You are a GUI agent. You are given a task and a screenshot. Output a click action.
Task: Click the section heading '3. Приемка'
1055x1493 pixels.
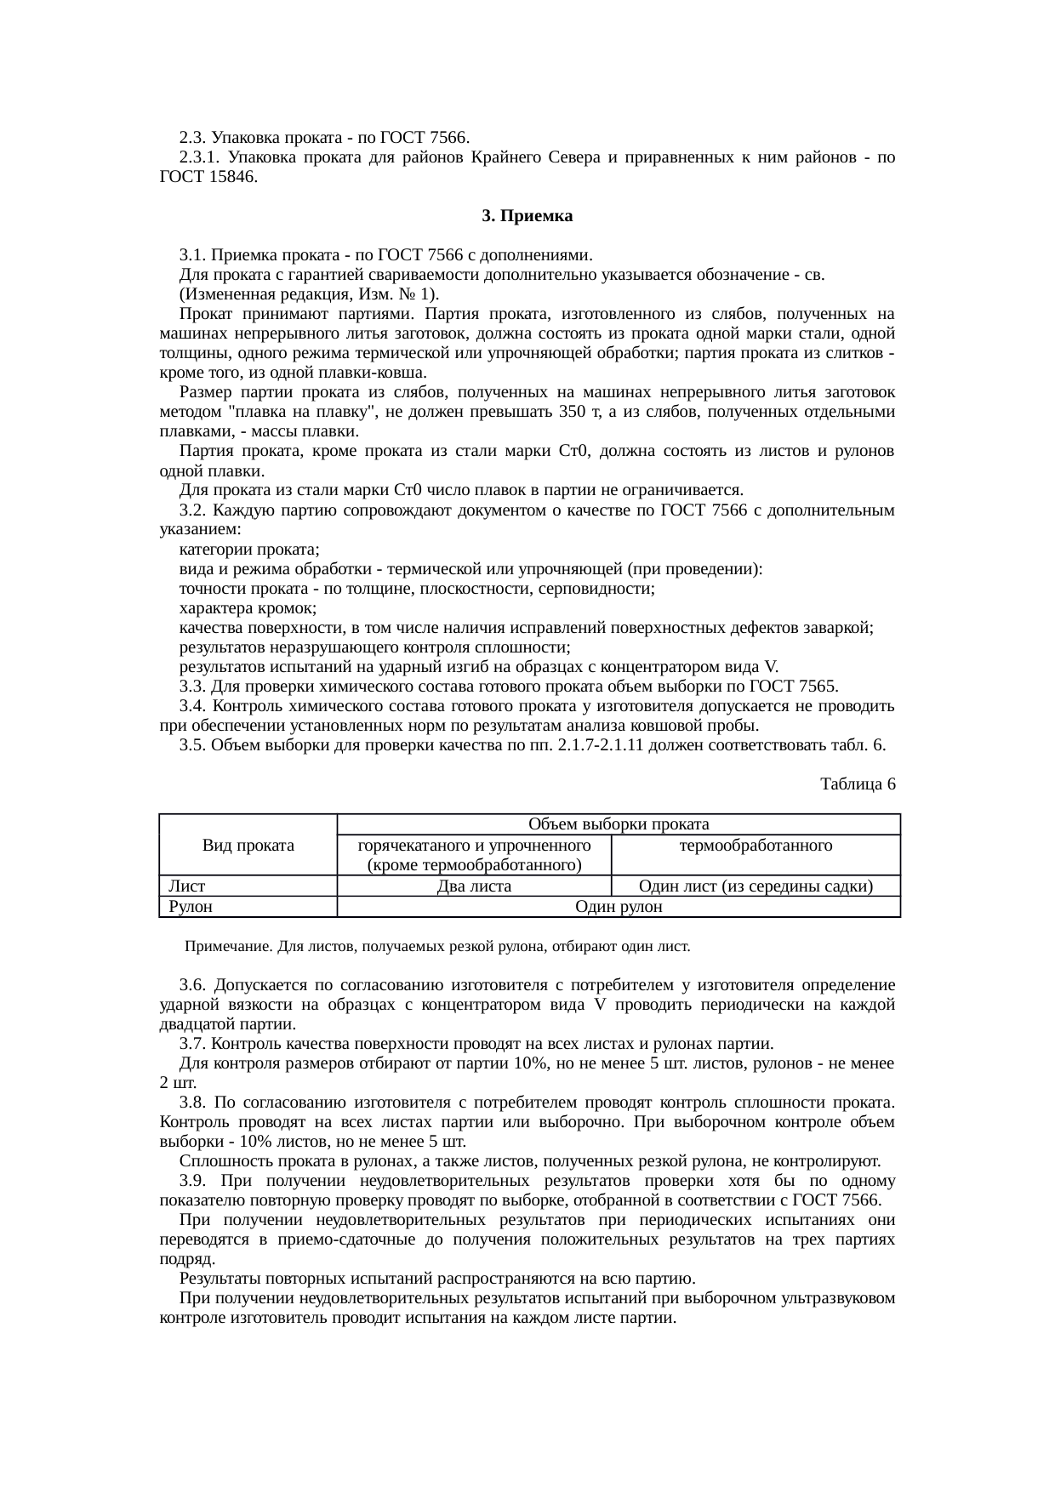pyautogui.click(x=527, y=216)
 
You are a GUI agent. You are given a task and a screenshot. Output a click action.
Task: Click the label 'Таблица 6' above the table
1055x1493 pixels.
pyautogui.click(x=857, y=784)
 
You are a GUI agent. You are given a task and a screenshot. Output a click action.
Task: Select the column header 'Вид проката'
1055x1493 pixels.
pyautogui.click(x=248, y=845)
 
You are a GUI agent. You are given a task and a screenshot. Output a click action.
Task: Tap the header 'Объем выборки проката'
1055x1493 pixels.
pyautogui.click(x=619, y=823)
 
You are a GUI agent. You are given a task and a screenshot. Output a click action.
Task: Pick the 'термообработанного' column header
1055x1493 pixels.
pyautogui.click(x=756, y=845)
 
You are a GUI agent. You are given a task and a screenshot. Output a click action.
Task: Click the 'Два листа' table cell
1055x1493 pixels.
pyautogui.click(x=473, y=886)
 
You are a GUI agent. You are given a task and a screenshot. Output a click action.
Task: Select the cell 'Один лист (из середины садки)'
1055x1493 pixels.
pyautogui.click(x=756, y=886)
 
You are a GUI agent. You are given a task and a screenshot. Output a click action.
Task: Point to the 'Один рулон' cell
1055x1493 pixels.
pyautogui.click(x=619, y=907)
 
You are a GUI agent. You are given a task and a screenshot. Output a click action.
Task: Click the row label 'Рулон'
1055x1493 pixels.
pyautogui.click(x=191, y=907)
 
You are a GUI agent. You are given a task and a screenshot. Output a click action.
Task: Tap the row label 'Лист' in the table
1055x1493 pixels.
pyautogui.click(x=186, y=886)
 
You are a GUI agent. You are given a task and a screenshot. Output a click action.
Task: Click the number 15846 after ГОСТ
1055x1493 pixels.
pyautogui.click(x=230, y=177)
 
